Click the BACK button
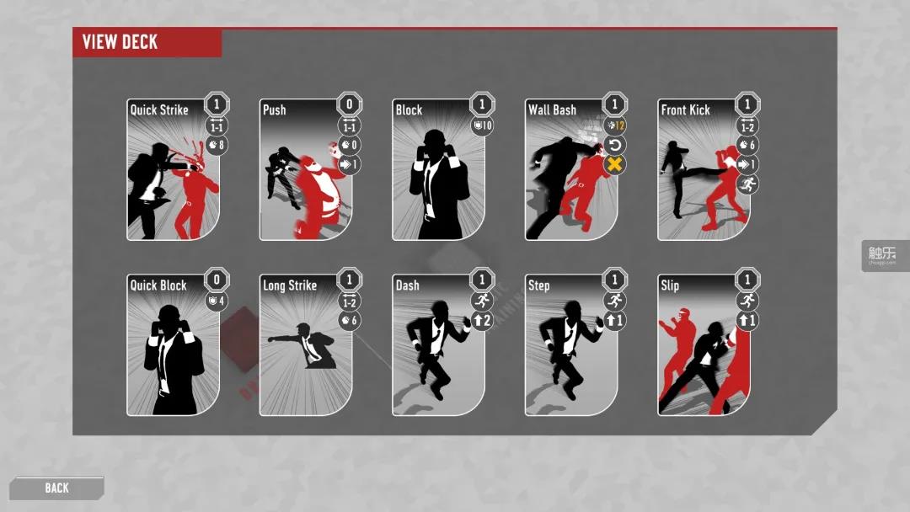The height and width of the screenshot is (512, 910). [57, 488]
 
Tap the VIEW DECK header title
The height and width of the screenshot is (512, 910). [120, 42]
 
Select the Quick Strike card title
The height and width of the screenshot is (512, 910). [159, 109]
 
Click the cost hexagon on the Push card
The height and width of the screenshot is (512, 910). [349, 104]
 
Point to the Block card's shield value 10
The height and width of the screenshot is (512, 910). [481, 126]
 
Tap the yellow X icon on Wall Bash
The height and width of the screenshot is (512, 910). [615, 164]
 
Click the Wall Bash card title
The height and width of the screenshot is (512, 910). [552, 109]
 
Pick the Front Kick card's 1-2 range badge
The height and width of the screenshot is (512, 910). [747, 126]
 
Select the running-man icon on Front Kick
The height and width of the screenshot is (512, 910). [747, 183]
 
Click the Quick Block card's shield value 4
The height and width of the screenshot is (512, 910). [217, 301]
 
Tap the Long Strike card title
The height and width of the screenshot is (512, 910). [290, 285]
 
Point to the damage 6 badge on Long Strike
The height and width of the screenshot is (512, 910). [349, 320]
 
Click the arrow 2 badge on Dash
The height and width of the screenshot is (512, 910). [481, 320]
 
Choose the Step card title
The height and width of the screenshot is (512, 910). [539, 285]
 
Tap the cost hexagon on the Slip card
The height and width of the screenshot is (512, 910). [747, 280]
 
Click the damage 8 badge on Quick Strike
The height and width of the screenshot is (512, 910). [217, 146]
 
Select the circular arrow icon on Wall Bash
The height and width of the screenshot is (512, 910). [615, 145]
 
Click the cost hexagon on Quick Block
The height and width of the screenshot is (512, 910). [217, 280]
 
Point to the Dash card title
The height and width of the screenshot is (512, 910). [407, 285]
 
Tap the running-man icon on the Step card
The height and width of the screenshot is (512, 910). [615, 301]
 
